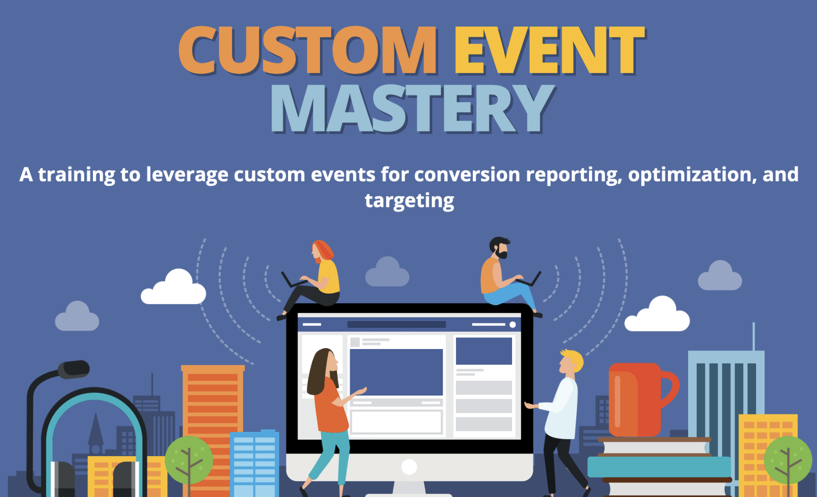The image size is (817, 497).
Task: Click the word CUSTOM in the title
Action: (x=308, y=50)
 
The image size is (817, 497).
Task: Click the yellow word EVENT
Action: (x=549, y=50)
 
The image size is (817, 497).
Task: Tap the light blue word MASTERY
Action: (x=412, y=108)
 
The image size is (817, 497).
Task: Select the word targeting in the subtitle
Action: (x=409, y=201)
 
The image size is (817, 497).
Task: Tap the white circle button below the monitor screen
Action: (x=409, y=467)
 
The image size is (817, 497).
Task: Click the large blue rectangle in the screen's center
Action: (x=396, y=372)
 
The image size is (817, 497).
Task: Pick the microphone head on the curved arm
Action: (x=74, y=369)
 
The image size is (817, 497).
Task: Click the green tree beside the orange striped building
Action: (x=189, y=460)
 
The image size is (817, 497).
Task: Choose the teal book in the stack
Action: (x=659, y=467)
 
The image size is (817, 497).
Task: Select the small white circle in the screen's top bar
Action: (x=513, y=325)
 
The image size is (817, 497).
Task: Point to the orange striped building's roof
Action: (x=212, y=368)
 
